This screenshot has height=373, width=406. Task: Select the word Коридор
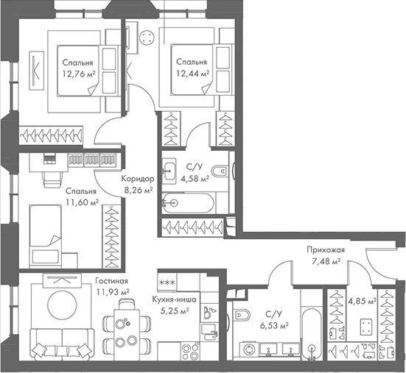pyautogui.click(x=137, y=179)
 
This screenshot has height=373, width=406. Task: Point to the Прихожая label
pyautogui.click(x=326, y=249)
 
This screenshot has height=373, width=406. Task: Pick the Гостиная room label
pyautogui.click(x=111, y=282)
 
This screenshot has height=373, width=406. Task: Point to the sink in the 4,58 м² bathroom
pyautogui.click(x=171, y=165)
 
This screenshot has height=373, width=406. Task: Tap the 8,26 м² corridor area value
pyautogui.click(x=138, y=190)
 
